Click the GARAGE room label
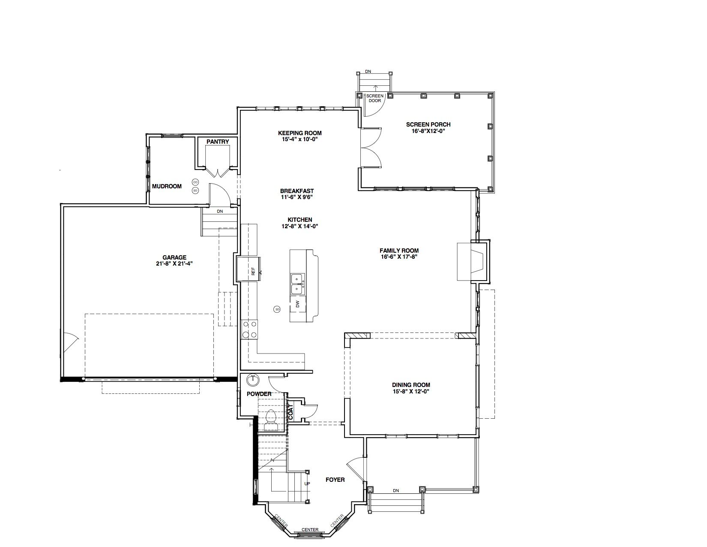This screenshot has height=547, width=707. pyautogui.click(x=174, y=257)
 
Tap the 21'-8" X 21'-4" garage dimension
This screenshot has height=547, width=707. pyautogui.click(x=174, y=264)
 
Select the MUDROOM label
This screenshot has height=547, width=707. pyautogui.click(x=167, y=186)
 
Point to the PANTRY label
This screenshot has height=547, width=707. pyautogui.click(x=218, y=142)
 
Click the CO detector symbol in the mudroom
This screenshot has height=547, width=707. pyautogui.click(x=195, y=182)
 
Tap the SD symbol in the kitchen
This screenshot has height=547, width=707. pyautogui.click(x=277, y=309)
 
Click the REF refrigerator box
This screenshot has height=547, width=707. pyautogui.click(x=248, y=269)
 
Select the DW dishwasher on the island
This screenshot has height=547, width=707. pyautogui.click(x=298, y=304)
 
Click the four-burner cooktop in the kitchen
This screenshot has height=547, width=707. pyautogui.click(x=249, y=329)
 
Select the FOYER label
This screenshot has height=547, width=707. pyautogui.click(x=335, y=480)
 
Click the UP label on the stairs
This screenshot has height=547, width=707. pyautogui.click(x=307, y=484)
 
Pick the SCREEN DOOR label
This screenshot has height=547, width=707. pyautogui.click(x=375, y=98)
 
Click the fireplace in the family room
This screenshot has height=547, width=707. pyautogui.click(x=473, y=261)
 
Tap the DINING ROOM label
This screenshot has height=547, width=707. pyautogui.click(x=411, y=385)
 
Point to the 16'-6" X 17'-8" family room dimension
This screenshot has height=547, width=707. pyautogui.click(x=399, y=257)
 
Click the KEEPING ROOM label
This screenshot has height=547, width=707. pyautogui.click(x=300, y=133)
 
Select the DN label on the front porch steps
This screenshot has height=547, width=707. pyautogui.click(x=395, y=491)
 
